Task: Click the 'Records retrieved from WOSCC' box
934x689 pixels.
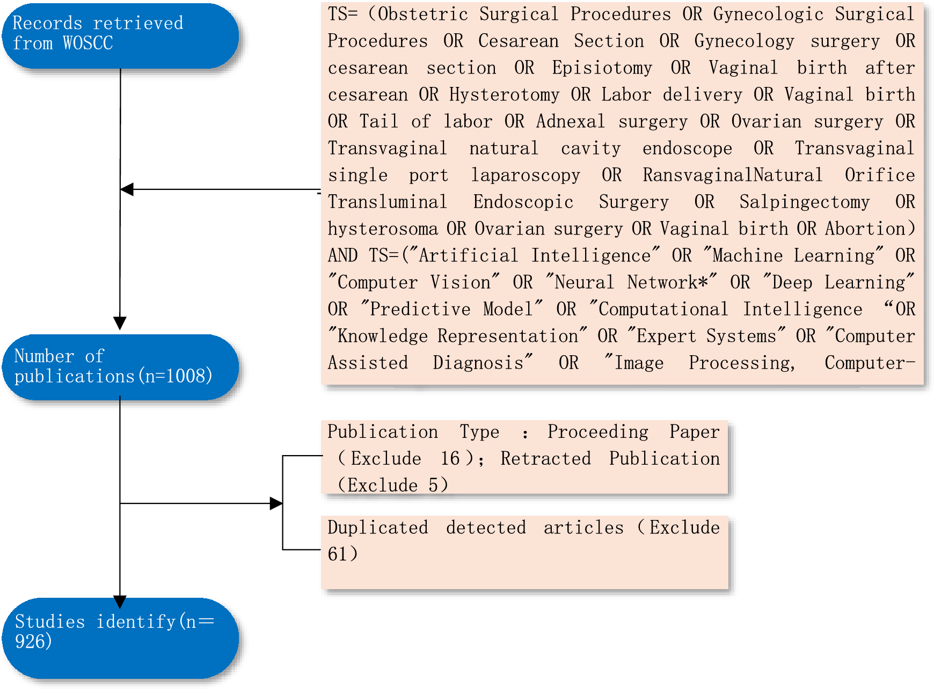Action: [120, 35]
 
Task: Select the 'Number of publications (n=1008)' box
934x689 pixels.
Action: [120, 367]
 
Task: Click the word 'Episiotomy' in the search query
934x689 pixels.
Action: [602, 68]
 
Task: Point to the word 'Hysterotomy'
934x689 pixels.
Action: [504, 95]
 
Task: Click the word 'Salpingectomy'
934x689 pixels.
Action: [804, 202]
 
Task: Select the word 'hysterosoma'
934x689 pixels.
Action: [382, 229]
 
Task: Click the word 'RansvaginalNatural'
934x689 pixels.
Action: [732, 175]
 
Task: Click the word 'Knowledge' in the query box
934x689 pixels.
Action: [382, 336]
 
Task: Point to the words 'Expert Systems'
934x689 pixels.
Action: [706, 336]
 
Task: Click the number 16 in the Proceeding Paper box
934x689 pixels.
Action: [450, 459]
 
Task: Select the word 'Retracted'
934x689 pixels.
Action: [545, 459]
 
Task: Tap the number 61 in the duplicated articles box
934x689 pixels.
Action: [338, 554]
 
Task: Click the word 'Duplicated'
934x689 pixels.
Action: [377, 527]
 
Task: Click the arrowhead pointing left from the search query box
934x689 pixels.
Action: [127, 189]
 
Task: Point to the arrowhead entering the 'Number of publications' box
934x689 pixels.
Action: [120, 323]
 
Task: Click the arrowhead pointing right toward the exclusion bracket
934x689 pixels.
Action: [276, 503]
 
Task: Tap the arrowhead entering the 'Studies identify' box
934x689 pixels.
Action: [120, 601]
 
